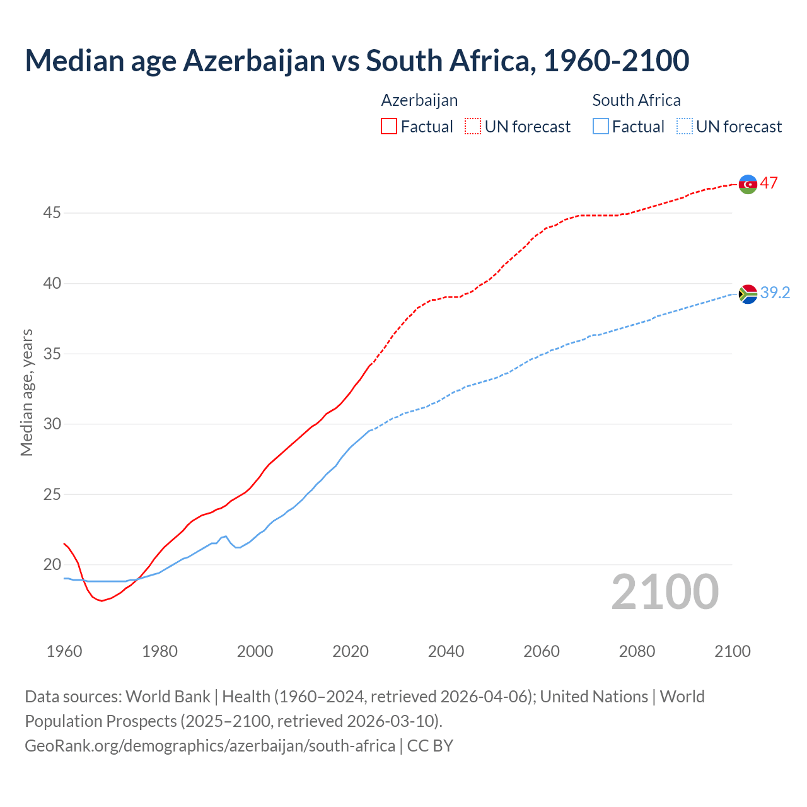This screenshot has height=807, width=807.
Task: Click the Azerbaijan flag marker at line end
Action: [748, 184]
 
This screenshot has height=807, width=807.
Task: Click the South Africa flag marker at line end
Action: [748, 294]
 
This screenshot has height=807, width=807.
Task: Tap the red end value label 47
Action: [769, 183]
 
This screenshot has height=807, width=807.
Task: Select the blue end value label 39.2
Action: [775, 293]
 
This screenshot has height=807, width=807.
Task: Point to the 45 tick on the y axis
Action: [52, 213]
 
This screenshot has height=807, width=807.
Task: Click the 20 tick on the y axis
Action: [52, 564]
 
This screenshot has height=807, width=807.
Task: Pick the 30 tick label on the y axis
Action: [52, 424]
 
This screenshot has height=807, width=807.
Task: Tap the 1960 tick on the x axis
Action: [64, 651]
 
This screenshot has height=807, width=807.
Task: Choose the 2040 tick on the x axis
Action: [446, 651]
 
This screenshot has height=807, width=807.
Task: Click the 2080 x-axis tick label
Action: [637, 651]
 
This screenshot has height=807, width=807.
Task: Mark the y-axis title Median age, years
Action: [26, 392]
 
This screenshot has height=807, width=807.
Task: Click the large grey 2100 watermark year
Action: [665, 592]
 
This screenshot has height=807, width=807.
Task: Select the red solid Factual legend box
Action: [389, 127]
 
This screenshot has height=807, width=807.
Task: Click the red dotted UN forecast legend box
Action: [473, 127]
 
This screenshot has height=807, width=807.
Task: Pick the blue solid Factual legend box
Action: [601, 127]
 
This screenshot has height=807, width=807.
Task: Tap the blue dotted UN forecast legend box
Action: [685, 127]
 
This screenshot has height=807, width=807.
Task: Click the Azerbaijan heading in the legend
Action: [419, 100]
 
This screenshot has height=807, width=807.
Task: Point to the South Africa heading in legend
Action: [636, 100]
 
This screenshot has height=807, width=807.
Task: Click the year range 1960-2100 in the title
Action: [616, 61]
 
